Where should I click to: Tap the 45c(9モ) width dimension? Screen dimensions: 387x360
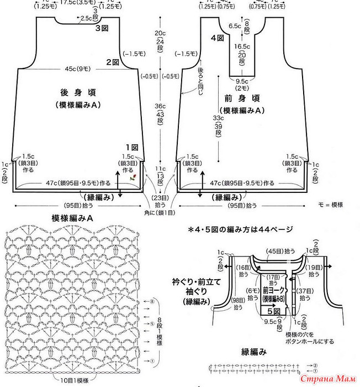point(78,69)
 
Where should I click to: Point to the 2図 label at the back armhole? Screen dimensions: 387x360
point(113,62)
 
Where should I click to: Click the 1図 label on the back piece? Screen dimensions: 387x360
point(131,147)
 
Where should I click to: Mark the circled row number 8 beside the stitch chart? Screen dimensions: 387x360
point(151,301)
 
